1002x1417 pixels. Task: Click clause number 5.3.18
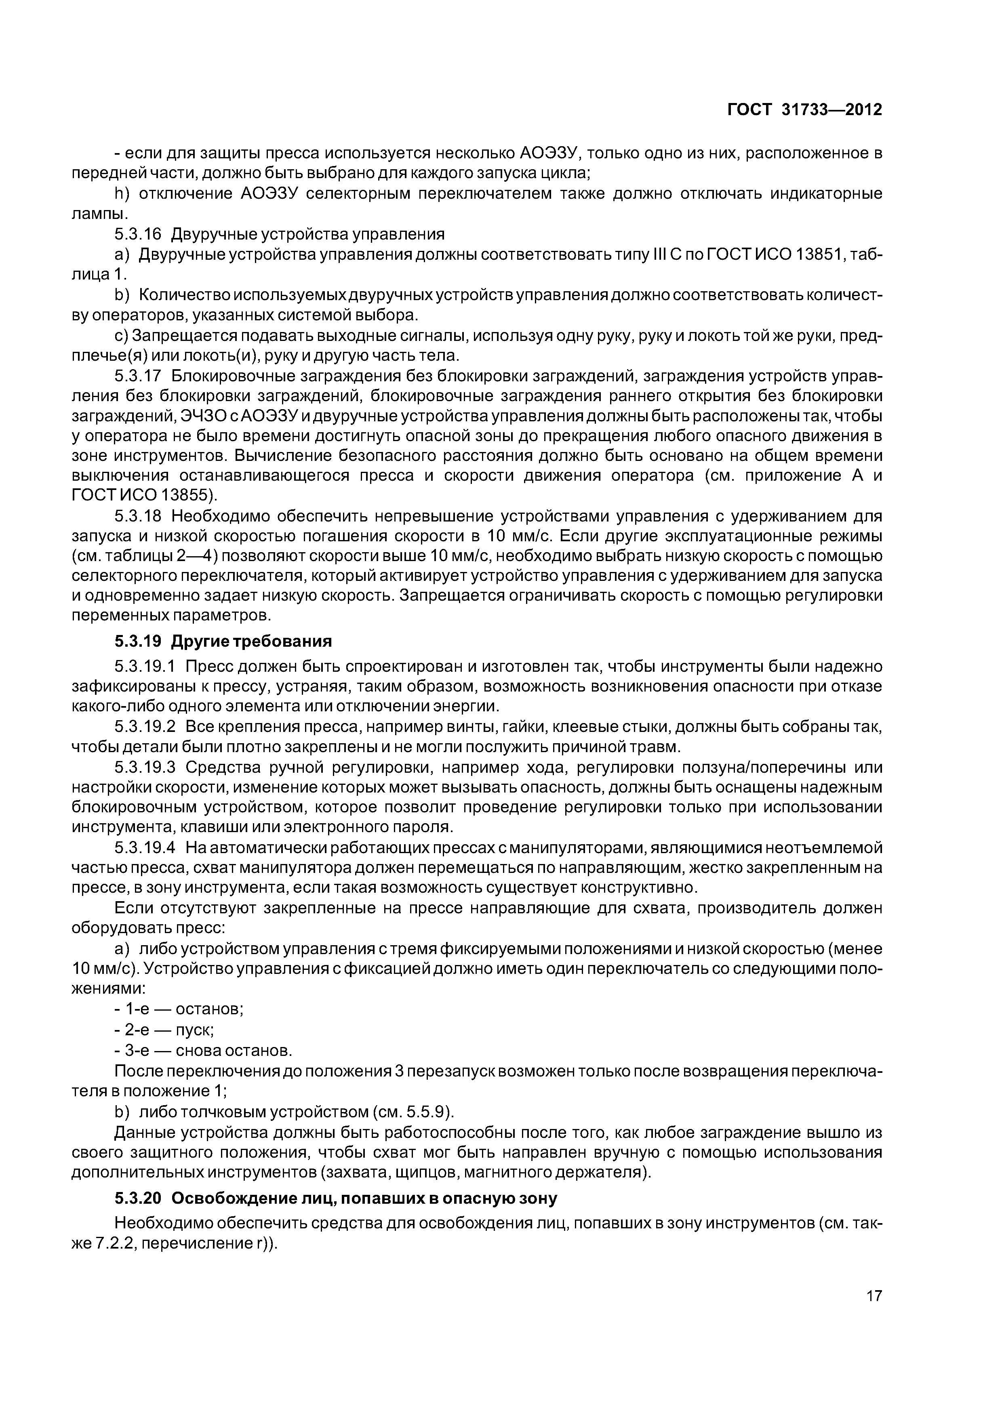point(138,516)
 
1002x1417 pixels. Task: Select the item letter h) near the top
point(121,194)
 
